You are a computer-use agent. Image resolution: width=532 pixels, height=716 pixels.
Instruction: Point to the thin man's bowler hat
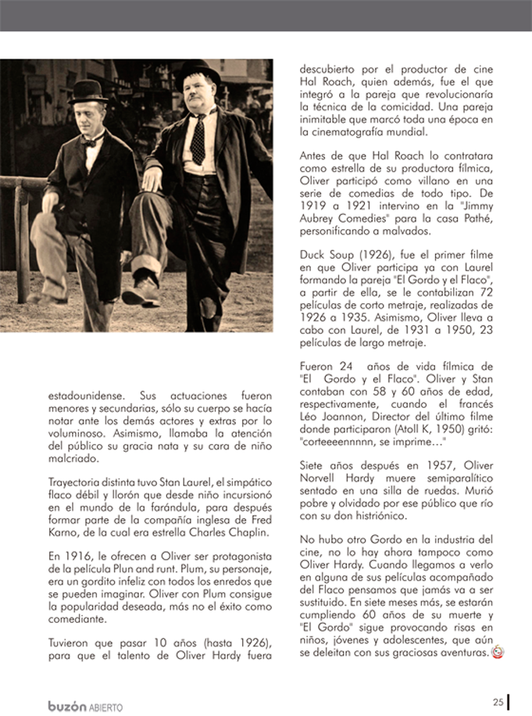pyautogui.click(x=87, y=92)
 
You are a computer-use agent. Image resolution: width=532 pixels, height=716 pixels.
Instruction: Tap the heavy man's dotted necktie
pyautogui.click(x=198, y=139)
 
